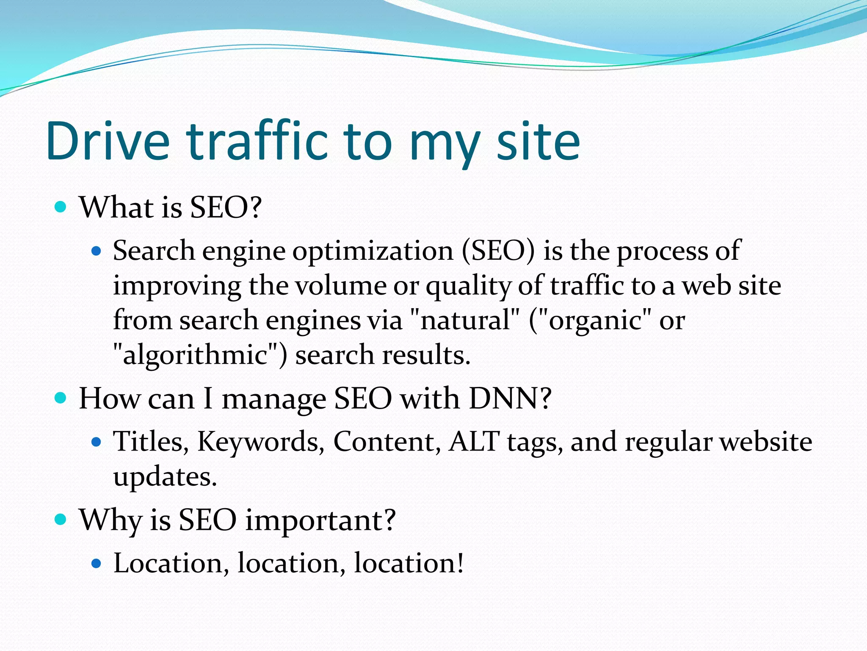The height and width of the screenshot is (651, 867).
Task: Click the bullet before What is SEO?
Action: [x=61, y=207]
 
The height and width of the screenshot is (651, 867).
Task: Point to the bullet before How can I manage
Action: [x=61, y=398]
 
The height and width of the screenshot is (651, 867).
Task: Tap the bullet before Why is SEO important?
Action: [x=61, y=519]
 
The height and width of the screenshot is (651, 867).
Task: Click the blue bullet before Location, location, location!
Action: [x=97, y=563]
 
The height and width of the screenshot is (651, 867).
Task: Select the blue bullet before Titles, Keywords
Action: [x=97, y=442]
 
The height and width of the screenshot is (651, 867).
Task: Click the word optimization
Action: [x=373, y=251]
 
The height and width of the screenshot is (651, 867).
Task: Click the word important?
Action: [x=320, y=520]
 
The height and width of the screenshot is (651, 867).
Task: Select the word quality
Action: [x=468, y=286]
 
